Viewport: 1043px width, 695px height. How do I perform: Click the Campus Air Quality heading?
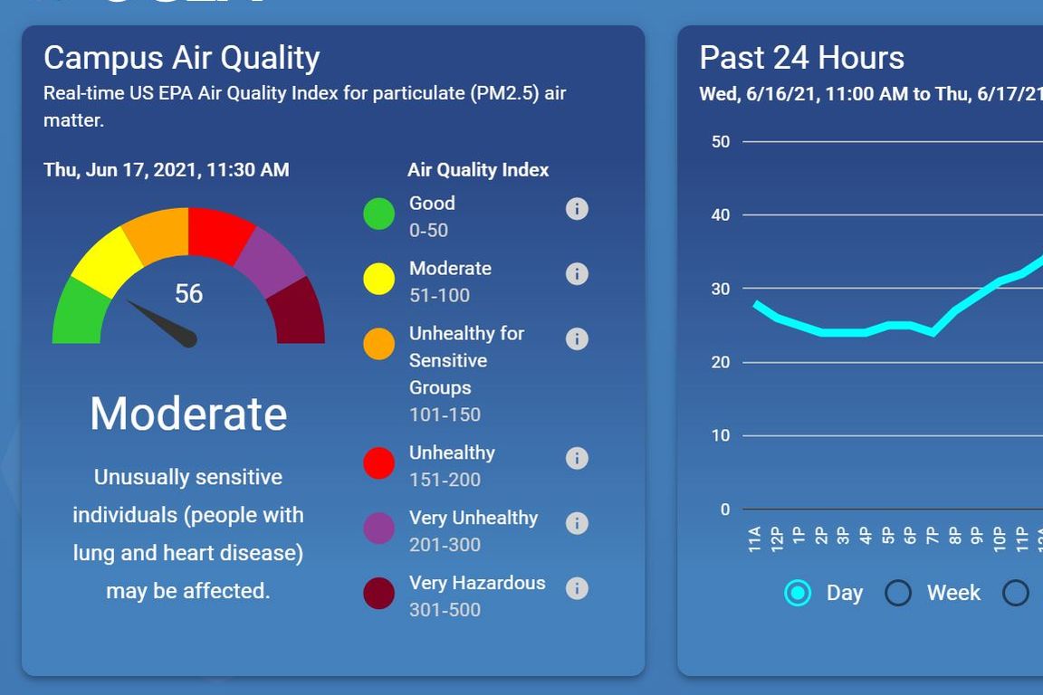click(x=182, y=58)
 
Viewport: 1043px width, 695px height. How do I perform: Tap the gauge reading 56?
click(x=188, y=293)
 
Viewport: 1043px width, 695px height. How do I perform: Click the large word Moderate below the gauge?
click(x=188, y=414)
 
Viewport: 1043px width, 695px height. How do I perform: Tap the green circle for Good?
click(x=378, y=214)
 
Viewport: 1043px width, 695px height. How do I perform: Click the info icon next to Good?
click(x=577, y=209)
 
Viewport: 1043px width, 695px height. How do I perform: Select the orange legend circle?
click(x=378, y=345)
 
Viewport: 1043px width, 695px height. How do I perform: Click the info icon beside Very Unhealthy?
click(x=577, y=523)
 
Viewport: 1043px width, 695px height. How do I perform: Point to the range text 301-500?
click(x=445, y=610)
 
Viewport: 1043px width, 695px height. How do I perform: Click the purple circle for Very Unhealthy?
click(x=378, y=528)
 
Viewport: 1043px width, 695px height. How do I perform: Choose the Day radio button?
click(x=798, y=593)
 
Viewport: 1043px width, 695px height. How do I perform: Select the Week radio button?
click(x=898, y=593)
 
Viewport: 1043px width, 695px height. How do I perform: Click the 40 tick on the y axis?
click(x=721, y=215)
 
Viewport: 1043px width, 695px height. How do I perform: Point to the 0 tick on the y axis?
click(x=725, y=509)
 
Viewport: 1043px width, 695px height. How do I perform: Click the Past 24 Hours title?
click(x=801, y=58)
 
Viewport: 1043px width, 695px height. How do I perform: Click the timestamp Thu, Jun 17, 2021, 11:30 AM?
click(x=167, y=170)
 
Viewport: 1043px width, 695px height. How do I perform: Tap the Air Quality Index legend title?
click(x=478, y=170)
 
